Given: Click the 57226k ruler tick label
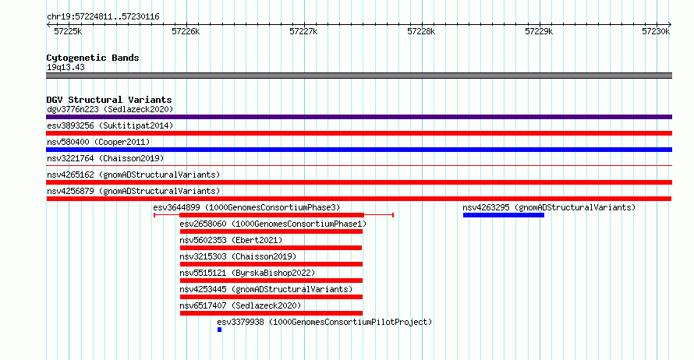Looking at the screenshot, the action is pyautogui.click(x=186, y=31).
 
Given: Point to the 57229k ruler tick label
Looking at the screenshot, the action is pyautogui.click(x=539, y=31).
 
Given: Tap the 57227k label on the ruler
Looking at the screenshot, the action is pyautogui.click(x=303, y=31).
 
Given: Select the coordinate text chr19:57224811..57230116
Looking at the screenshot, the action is pyautogui.click(x=103, y=17).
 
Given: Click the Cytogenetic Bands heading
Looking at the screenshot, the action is pyautogui.click(x=93, y=58).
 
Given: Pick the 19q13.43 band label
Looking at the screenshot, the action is pyautogui.click(x=66, y=67).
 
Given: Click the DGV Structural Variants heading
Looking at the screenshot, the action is pyautogui.click(x=109, y=100).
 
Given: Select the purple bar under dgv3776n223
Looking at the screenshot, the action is pyautogui.click(x=359, y=117).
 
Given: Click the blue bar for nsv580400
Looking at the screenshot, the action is pyautogui.click(x=359, y=150).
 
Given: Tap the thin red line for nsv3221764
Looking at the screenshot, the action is pyautogui.click(x=359, y=166).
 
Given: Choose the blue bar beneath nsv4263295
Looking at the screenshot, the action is pyautogui.click(x=504, y=215).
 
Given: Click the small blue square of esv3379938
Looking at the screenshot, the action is pyautogui.click(x=220, y=330).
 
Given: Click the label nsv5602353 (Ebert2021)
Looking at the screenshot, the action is pyautogui.click(x=231, y=240).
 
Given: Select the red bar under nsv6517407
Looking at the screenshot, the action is pyautogui.click(x=271, y=313).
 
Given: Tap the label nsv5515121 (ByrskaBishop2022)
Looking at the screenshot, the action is pyautogui.click(x=247, y=273).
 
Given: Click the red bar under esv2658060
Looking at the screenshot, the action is pyautogui.click(x=271, y=231).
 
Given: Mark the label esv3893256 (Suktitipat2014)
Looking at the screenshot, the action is pyautogui.click(x=110, y=125).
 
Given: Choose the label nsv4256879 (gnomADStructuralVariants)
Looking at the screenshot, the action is pyautogui.click(x=133, y=191).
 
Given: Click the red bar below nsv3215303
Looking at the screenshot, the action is pyautogui.click(x=271, y=264).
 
